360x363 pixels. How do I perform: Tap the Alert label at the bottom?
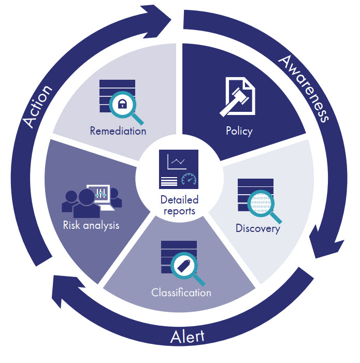click(187, 337)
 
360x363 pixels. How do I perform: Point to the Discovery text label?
click(257, 228)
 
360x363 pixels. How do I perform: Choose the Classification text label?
click(181, 293)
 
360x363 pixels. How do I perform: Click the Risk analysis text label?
click(91, 225)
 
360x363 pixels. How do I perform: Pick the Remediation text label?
click(118, 130)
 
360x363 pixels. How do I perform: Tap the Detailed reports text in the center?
click(179, 205)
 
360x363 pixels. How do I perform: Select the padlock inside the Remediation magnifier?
click(122, 105)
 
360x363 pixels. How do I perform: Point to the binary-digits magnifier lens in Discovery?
click(260, 203)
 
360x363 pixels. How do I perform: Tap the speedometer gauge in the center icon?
click(190, 180)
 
